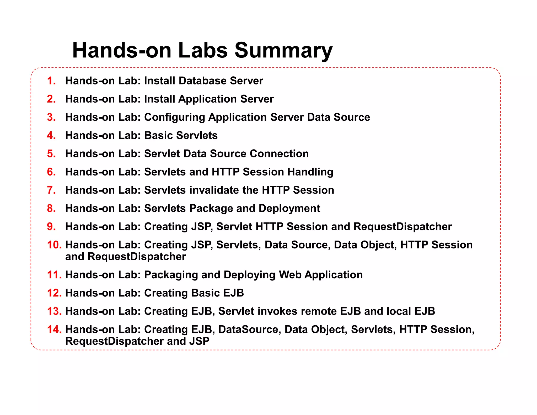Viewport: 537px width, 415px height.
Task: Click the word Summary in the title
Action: tap(283, 50)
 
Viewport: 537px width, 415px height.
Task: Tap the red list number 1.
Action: tap(51, 81)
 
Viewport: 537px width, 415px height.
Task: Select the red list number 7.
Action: tap(51, 190)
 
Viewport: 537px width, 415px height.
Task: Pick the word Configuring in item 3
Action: tap(174, 117)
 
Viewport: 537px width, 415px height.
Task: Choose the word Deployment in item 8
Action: tap(289, 209)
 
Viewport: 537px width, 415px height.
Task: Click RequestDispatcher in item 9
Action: tap(402, 227)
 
